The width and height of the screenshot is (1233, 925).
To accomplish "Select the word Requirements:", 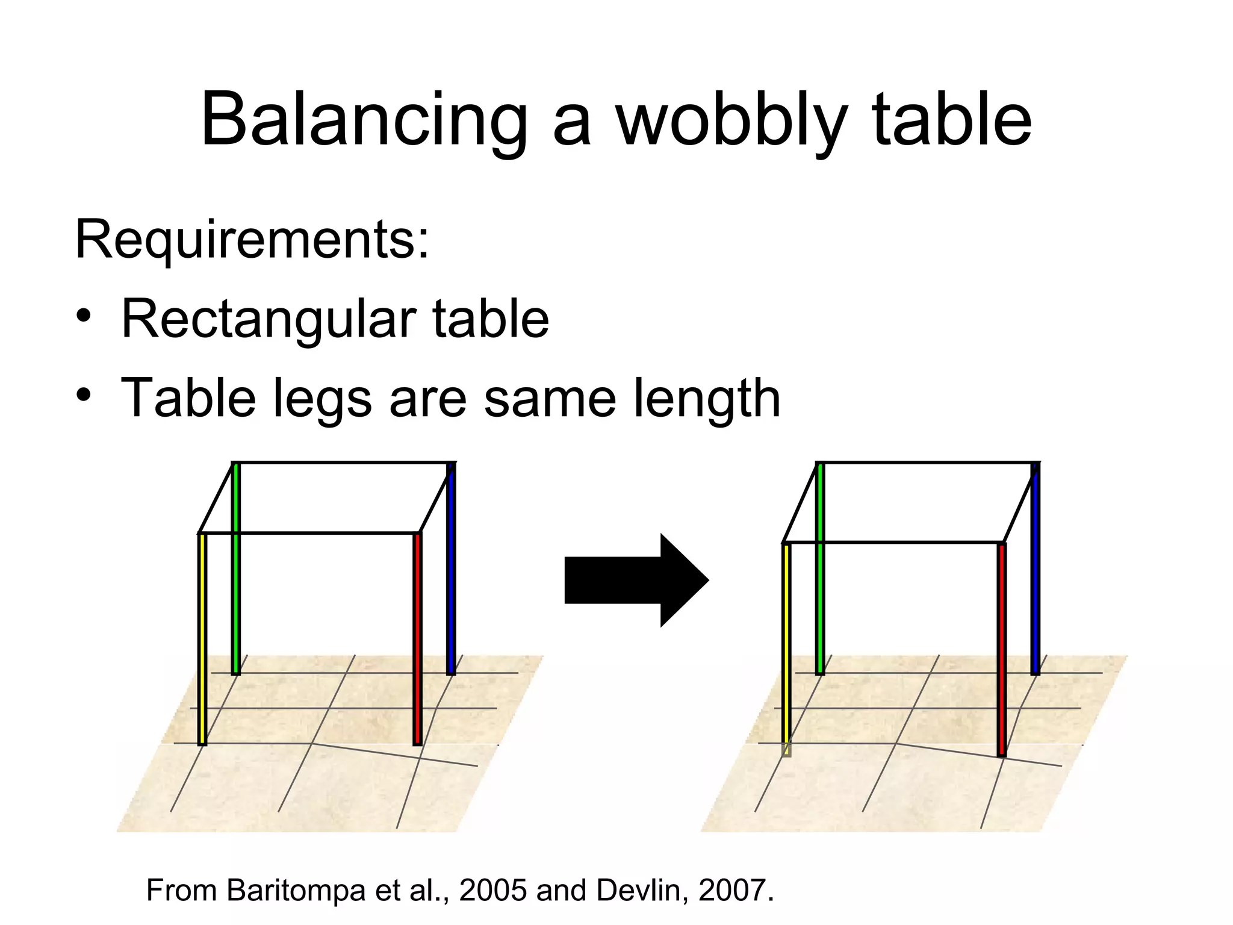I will click(252, 240).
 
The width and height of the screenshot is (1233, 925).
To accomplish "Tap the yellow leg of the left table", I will click(202, 638).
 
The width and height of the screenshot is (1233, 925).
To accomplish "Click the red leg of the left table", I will click(417, 638).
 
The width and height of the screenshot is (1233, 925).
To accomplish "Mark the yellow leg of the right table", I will click(786, 647).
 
